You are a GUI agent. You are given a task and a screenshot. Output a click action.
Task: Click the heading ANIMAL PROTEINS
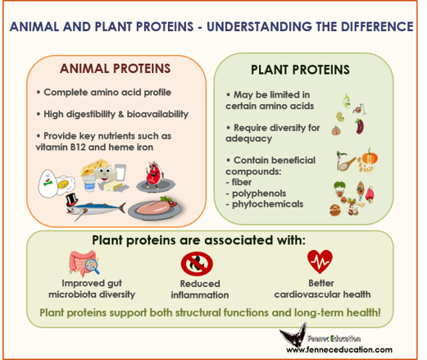[x=115, y=68]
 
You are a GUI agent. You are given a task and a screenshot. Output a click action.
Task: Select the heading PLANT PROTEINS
[x=300, y=70]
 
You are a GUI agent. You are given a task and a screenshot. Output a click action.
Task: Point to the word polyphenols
[x=259, y=194]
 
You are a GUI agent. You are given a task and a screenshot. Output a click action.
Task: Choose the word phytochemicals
[x=267, y=204]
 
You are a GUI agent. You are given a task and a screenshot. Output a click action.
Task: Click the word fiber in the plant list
[x=242, y=182]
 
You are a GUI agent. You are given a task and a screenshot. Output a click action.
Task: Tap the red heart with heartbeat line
[x=320, y=261]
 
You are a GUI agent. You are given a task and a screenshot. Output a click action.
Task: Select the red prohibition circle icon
[x=197, y=263]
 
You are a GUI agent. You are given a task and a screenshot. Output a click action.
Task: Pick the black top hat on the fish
[x=72, y=200]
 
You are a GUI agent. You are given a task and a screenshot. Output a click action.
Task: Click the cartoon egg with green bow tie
[x=48, y=184]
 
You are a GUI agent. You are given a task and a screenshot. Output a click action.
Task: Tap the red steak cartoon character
[x=154, y=175]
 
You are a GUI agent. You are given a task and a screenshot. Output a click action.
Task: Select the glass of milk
[x=120, y=172]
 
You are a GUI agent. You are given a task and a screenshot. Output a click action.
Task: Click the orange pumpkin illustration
[x=370, y=157]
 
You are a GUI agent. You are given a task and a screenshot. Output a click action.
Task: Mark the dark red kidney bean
[x=360, y=126]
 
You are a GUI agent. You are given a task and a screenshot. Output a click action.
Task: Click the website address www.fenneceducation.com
[x=339, y=349]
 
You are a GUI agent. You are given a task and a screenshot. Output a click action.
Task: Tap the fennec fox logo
[x=293, y=335]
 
